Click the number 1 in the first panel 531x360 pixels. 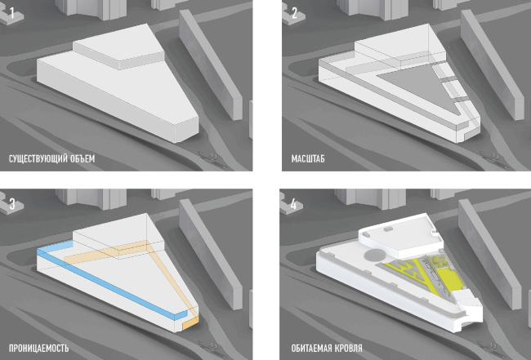(x=12, y=14)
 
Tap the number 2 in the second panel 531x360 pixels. (x=294, y=14)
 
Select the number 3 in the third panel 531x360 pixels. (x=12, y=204)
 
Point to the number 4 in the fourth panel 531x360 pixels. (x=293, y=204)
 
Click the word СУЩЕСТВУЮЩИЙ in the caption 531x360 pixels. (x=33, y=158)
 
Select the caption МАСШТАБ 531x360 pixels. (x=308, y=158)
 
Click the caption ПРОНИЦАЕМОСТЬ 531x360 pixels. (x=38, y=348)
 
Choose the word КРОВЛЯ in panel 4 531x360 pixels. (x=348, y=348)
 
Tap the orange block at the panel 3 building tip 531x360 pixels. (x=190, y=323)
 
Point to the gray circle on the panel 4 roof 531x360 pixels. (x=375, y=255)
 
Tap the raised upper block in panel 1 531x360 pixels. (x=118, y=47)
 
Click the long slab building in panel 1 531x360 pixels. (x=210, y=64)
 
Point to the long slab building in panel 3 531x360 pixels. (x=210, y=254)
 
